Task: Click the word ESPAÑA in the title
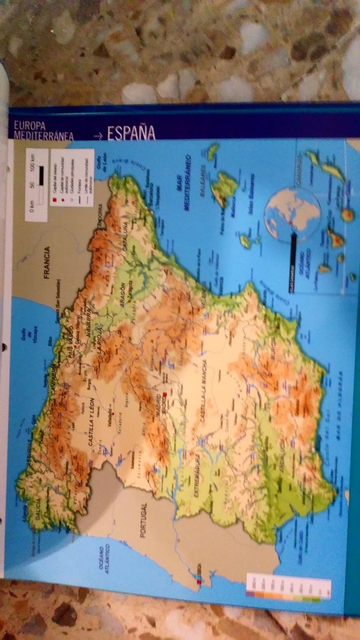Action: coord(130,133)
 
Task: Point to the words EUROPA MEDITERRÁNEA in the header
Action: coord(45,130)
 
